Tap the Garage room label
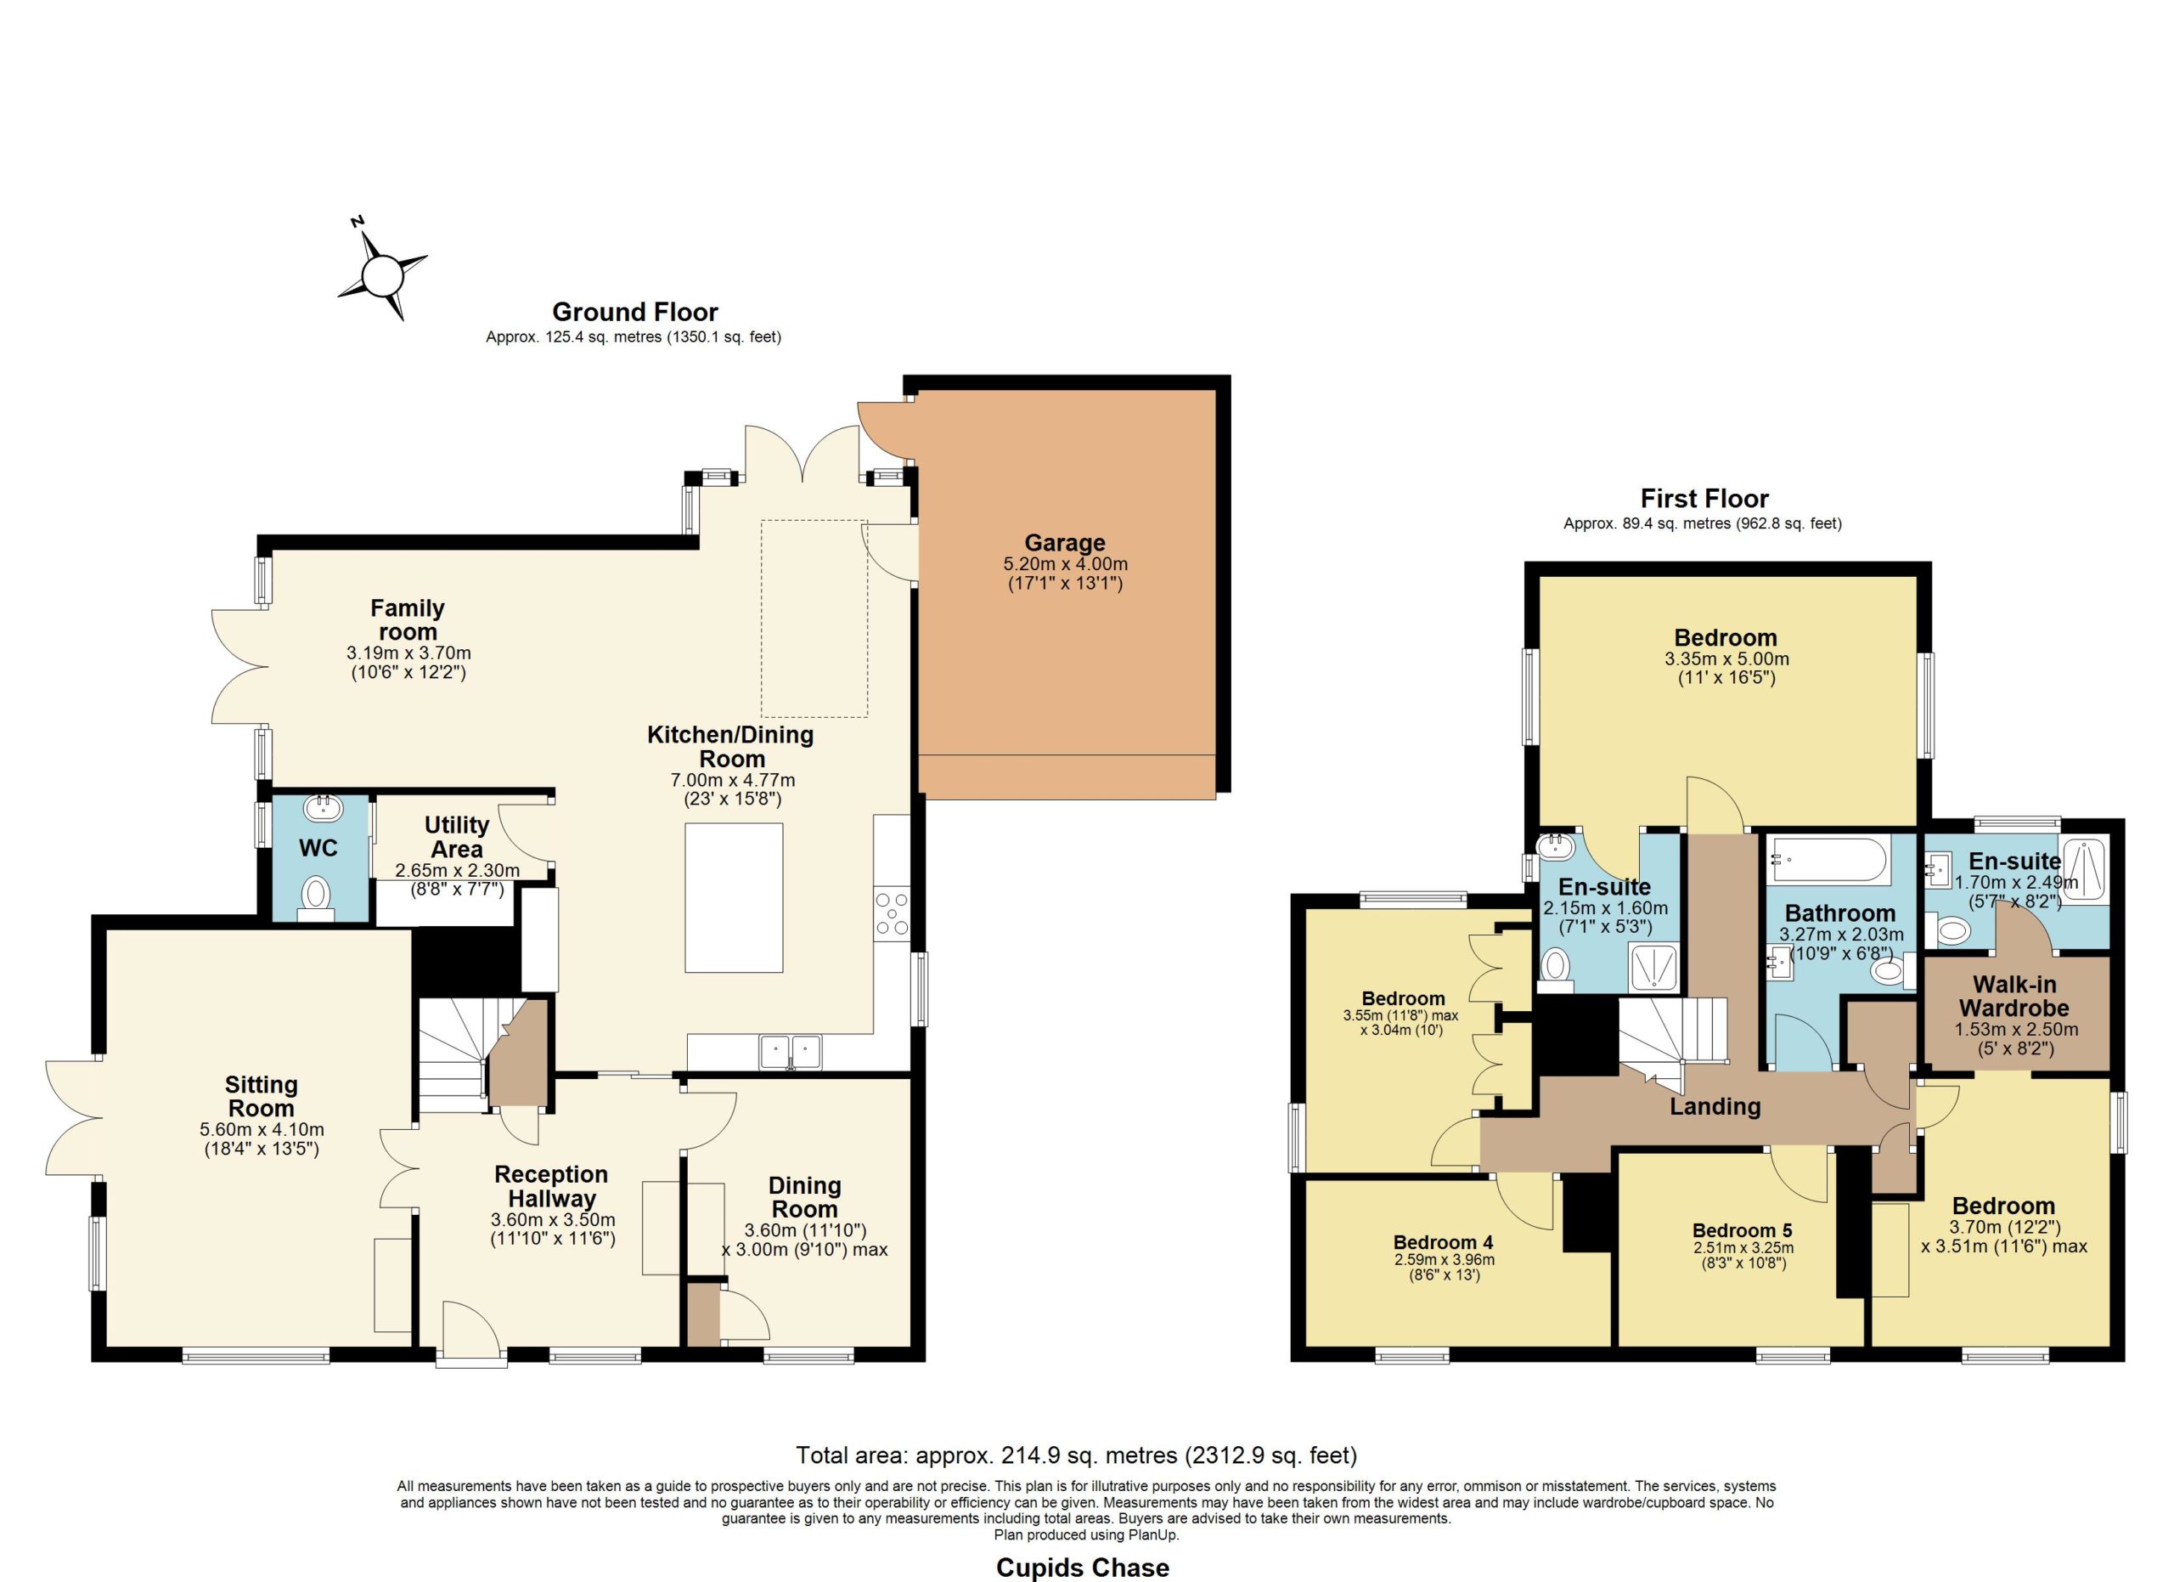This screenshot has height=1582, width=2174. (x=1064, y=543)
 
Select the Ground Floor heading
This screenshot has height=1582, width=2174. (x=634, y=312)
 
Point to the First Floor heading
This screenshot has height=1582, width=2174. (x=1704, y=499)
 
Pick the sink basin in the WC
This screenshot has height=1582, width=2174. (x=323, y=807)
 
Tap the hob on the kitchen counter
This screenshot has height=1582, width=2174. (x=892, y=912)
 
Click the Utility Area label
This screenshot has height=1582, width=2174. (x=456, y=837)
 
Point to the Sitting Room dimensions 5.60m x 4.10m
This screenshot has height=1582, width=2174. (x=262, y=1129)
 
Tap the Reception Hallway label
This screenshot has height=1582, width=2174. (x=551, y=1187)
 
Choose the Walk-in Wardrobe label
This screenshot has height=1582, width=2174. (x=2013, y=996)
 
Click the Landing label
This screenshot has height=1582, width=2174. (x=1715, y=1106)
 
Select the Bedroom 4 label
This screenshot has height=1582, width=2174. (x=1443, y=1243)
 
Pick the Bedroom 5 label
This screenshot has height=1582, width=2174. (x=1742, y=1230)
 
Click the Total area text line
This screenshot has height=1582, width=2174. (x=1077, y=1455)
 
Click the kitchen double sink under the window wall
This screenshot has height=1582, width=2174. (x=790, y=1052)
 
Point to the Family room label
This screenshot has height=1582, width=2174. (x=408, y=620)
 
